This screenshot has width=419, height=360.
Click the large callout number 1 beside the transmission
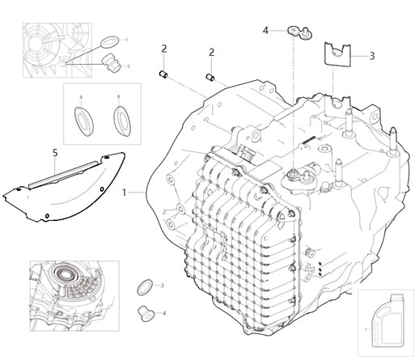[124, 193]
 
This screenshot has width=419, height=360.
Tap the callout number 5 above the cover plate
[55, 152]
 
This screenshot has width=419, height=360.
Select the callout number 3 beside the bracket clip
[371, 56]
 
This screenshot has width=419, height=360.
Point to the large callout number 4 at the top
[265, 31]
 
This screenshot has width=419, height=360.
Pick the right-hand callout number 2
[212, 53]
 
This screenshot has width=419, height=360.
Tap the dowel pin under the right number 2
[212, 78]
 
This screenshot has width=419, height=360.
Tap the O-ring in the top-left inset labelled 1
[109, 40]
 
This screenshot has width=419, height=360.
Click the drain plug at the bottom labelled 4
[143, 311]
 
